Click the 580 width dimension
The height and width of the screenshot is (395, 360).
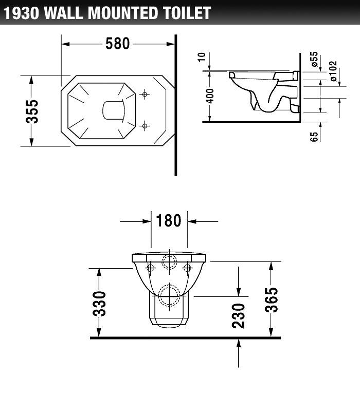point(118,44)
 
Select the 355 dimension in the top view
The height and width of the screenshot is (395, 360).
point(32,111)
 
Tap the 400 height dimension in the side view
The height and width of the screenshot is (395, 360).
point(210,96)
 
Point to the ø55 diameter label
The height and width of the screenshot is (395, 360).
point(314,60)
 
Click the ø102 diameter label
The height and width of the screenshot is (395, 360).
point(333,71)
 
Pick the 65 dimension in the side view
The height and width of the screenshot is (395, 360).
point(314,136)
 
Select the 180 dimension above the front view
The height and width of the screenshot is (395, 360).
point(169,221)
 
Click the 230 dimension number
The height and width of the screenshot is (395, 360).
point(238,315)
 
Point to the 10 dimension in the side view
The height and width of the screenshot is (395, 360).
point(207,57)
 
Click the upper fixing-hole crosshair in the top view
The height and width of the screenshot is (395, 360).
point(145,94)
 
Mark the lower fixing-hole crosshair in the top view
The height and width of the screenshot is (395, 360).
point(145,125)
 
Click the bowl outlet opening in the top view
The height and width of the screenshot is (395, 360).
point(114,110)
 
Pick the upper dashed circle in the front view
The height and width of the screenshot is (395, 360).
point(169,261)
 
